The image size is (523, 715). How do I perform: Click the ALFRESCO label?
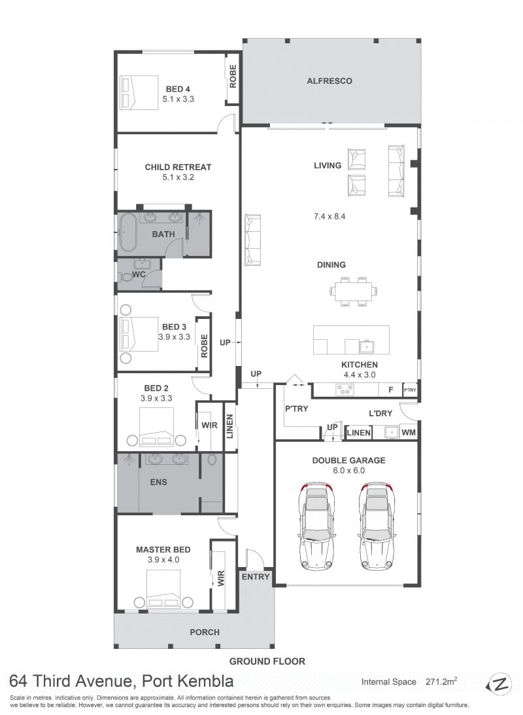tap(329, 81)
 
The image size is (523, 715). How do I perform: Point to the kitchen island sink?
tap(366, 347)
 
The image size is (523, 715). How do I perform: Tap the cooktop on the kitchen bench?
tap(345, 390)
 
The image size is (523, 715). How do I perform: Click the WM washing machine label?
tap(409, 432)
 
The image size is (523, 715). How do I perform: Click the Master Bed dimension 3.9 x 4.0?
tap(163, 560)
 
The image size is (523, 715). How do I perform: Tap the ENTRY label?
tap(256, 577)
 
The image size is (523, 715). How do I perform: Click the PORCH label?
tap(205, 632)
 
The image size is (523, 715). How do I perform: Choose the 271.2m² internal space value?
tap(441, 682)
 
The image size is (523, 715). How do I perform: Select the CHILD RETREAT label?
tap(178, 168)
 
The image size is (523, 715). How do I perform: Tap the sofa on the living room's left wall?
tap(253, 240)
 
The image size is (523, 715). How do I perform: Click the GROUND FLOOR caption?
tap(267, 661)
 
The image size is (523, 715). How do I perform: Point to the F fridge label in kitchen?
tap(390, 390)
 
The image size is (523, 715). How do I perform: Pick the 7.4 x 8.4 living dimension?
tap(329, 217)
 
